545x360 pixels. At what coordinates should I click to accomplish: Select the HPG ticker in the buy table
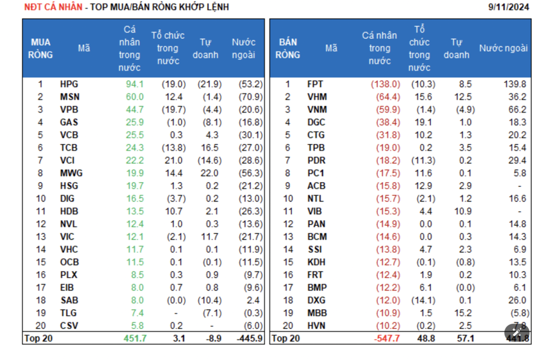[69, 85]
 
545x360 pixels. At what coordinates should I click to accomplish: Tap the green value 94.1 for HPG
[134, 85]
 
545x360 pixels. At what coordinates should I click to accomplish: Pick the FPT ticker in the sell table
[315, 85]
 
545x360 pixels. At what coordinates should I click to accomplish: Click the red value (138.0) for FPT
[385, 85]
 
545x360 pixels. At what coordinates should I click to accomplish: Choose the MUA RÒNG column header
[41, 48]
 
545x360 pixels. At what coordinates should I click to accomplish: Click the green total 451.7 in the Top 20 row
[134, 338]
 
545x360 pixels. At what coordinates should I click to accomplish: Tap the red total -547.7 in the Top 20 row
[387, 338]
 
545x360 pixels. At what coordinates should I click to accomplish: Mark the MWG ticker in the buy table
[71, 174]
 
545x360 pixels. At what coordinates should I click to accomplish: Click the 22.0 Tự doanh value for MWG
[210, 174]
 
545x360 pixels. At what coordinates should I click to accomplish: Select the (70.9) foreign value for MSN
[249, 97]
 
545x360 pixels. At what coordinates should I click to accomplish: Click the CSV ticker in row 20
[69, 326]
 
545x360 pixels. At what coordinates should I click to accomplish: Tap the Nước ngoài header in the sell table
[503, 48]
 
